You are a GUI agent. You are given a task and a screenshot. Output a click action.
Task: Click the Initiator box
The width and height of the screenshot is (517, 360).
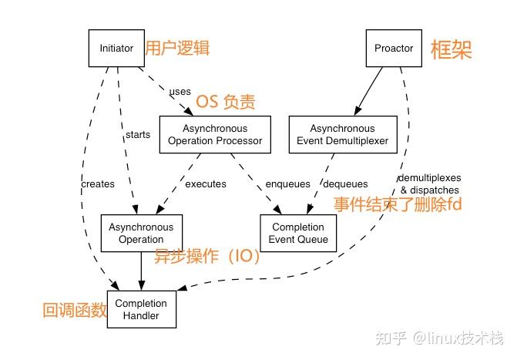coord(116,48)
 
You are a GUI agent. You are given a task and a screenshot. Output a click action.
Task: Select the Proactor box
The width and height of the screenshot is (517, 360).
coord(394,48)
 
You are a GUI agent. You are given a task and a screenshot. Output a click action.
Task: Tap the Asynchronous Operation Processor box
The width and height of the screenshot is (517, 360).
coord(214,134)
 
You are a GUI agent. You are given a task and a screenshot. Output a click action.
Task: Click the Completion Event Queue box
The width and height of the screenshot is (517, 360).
coord(298,233)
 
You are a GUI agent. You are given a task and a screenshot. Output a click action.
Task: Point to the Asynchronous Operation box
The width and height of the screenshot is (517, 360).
coord(141,233)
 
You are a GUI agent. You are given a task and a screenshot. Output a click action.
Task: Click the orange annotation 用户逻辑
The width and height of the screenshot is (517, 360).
coord(177,48)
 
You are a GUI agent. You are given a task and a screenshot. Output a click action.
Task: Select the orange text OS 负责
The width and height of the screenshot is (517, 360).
coord(226,101)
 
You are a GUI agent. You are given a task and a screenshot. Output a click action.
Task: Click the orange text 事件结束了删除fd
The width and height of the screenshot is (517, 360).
coord(397,205)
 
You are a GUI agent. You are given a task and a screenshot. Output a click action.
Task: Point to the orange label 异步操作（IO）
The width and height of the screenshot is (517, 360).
coord(207,257)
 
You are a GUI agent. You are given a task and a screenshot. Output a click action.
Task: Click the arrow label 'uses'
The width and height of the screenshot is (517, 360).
coord(180,92)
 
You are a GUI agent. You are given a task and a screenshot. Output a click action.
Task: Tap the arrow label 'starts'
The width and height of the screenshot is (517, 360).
coord(137,135)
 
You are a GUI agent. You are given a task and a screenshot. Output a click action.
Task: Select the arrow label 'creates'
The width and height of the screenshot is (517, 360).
coord(97,183)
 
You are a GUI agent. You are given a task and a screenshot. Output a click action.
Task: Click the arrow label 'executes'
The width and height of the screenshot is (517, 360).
coord(206,183)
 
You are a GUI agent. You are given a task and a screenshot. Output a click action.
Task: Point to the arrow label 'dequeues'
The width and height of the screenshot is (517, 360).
coord(345,183)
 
